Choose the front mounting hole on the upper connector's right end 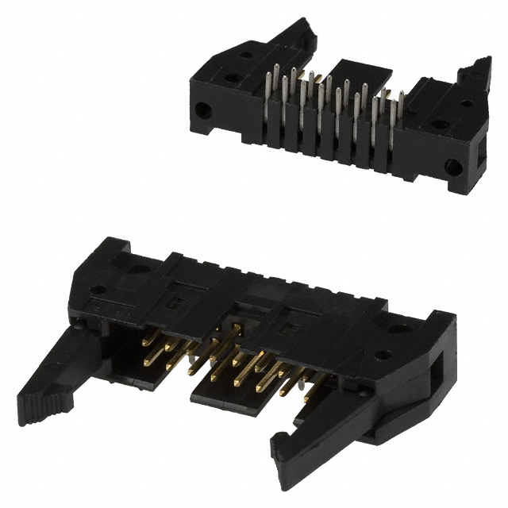tap(452, 167)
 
